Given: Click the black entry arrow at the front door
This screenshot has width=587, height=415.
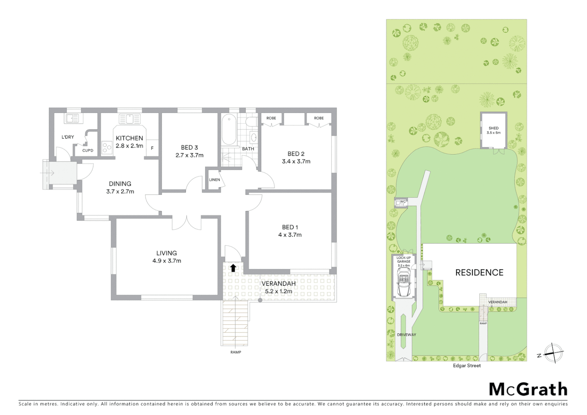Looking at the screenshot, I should (233, 267).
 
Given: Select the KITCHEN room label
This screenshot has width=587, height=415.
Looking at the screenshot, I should (129, 138).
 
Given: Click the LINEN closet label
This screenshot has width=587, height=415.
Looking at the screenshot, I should (214, 180).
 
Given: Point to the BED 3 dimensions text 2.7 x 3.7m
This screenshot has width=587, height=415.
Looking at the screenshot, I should (189, 155).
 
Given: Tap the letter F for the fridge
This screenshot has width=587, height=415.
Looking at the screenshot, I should (152, 148).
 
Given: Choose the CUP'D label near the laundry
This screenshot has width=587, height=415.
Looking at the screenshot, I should (88, 151).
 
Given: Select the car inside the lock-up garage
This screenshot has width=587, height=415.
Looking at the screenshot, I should (403, 282).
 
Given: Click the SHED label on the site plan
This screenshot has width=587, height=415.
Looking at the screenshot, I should (494, 128).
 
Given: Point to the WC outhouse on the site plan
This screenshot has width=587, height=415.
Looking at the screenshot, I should (402, 202).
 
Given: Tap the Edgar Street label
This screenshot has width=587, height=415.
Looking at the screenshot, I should (467, 366).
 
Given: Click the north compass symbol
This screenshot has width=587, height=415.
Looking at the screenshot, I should (553, 353).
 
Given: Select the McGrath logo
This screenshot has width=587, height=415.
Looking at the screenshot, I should (528, 389).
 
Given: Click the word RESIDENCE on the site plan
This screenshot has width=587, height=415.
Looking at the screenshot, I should (479, 273).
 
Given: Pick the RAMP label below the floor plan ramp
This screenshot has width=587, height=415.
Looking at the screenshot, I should (235, 352).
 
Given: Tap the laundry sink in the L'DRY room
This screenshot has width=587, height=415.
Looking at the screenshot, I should (72, 118).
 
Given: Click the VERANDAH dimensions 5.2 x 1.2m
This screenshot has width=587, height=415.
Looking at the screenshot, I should (279, 291).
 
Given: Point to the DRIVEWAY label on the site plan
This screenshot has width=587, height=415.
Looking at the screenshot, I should (406, 335).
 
